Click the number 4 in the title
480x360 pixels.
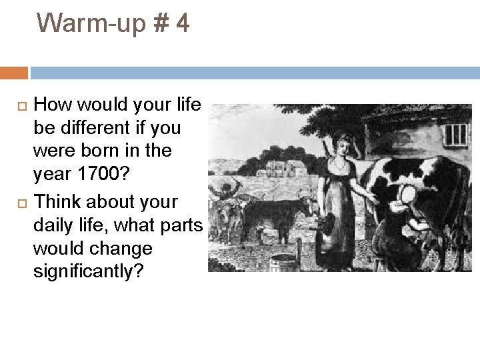point(182,24)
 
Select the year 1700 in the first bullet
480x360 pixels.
point(103,175)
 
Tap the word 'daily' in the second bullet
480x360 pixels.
point(53,225)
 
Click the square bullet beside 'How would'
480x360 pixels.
point(20,105)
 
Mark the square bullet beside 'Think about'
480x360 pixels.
point(20,202)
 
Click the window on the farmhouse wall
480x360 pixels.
point(455,135)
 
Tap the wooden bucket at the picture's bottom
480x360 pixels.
point(284,262)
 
